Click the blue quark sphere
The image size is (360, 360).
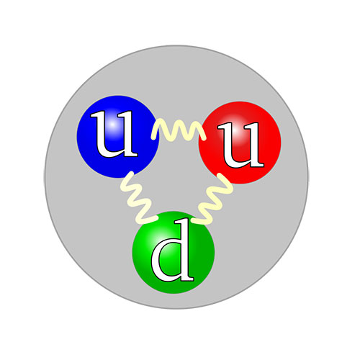(x=118, y=137)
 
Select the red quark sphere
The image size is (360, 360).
(x=240, y=143)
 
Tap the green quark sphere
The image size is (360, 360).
(x=174, y=252)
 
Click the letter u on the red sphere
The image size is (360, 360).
(x=240, y=144)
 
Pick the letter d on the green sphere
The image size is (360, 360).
(x=172, y=250)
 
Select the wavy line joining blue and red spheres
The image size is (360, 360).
(x=179, y=131)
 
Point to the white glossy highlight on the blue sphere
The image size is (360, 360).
(x=113, y=125)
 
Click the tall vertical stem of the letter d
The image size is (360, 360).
(x=185, y=250)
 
